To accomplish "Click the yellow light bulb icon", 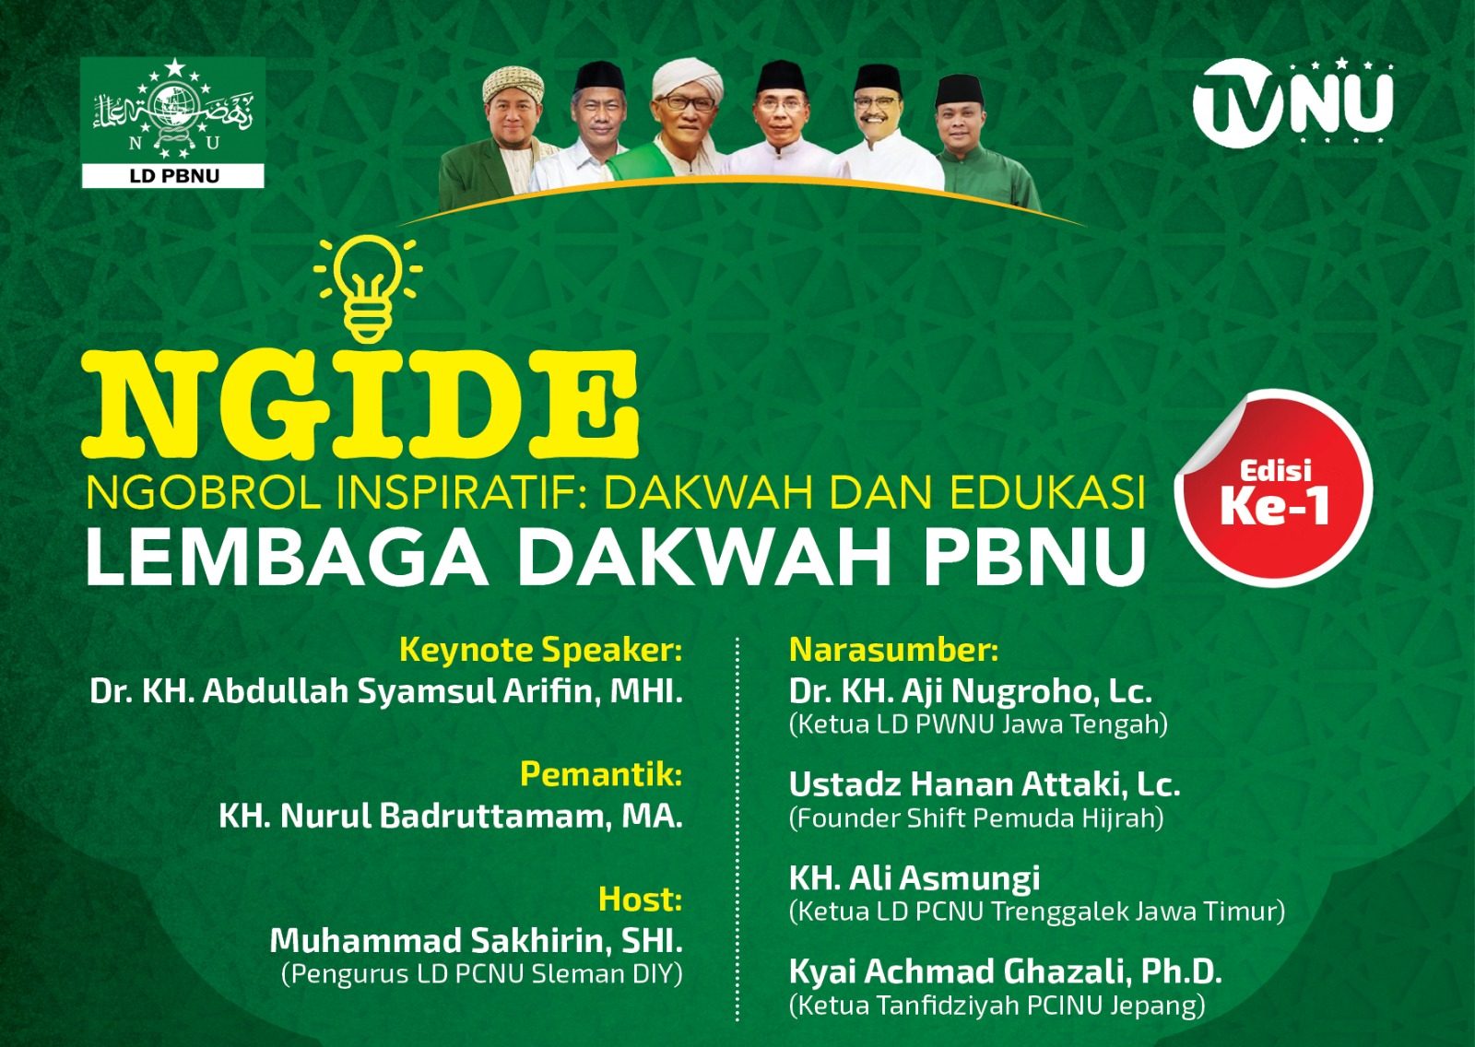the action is click(x=368, y=288).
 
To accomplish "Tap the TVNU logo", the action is click(x=1292, y=102).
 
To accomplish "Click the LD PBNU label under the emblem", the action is click(x=174, y=176).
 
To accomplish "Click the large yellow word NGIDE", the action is click(x=360, y=403).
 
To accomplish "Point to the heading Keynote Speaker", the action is click(x=540, y=650).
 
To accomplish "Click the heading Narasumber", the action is click(x=893, y=650).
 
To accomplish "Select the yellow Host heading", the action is click(x=640, y=899).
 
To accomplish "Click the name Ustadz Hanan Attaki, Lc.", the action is click(x=985, y=784).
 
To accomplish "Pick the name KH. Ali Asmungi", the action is click(x=914, y=877).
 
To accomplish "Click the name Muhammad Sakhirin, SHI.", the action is click(x=476, y=941).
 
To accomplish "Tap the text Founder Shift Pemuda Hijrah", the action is click(x=976, y=818).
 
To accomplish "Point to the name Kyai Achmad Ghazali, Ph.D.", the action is click(x=1005, y=971).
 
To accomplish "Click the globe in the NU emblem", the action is click(x=174, y=106).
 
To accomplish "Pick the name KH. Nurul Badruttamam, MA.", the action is click(x=451, y=817).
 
